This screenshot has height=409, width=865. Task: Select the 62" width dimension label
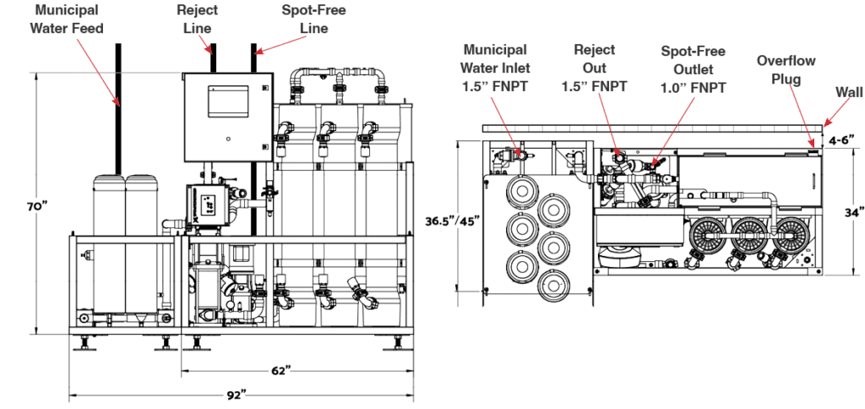pos(280,370)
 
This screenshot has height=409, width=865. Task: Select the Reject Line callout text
pos(197,19)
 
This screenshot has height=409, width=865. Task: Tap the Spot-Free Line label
pos(313,19)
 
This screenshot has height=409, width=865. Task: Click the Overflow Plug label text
pos(786,69)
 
